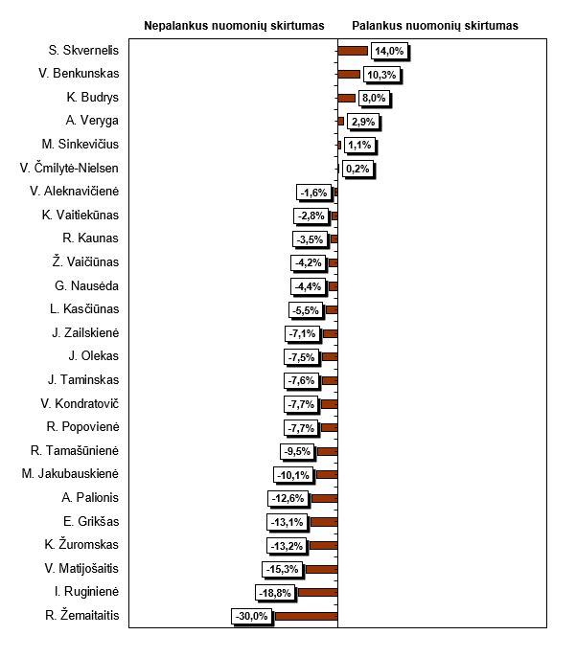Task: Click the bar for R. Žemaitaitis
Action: (306, 616)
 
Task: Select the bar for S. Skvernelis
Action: (353, 51)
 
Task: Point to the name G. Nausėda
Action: (87, 285)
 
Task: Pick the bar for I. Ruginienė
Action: (317, 593)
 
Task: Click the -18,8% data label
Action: (275, 593)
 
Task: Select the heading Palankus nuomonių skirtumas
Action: (435, 26)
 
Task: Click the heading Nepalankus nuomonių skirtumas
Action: (234, 26)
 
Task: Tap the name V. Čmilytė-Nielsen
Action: (70, 169)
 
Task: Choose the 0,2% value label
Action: (358, 169)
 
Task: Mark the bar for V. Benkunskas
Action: (349, 74)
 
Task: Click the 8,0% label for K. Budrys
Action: (374, 98)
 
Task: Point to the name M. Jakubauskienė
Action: (70, 474)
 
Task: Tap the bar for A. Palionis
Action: (324, 498)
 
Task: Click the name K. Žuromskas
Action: (81, 545)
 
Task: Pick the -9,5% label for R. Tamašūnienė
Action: (296, 451)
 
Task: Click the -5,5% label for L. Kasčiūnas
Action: (305, 309)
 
